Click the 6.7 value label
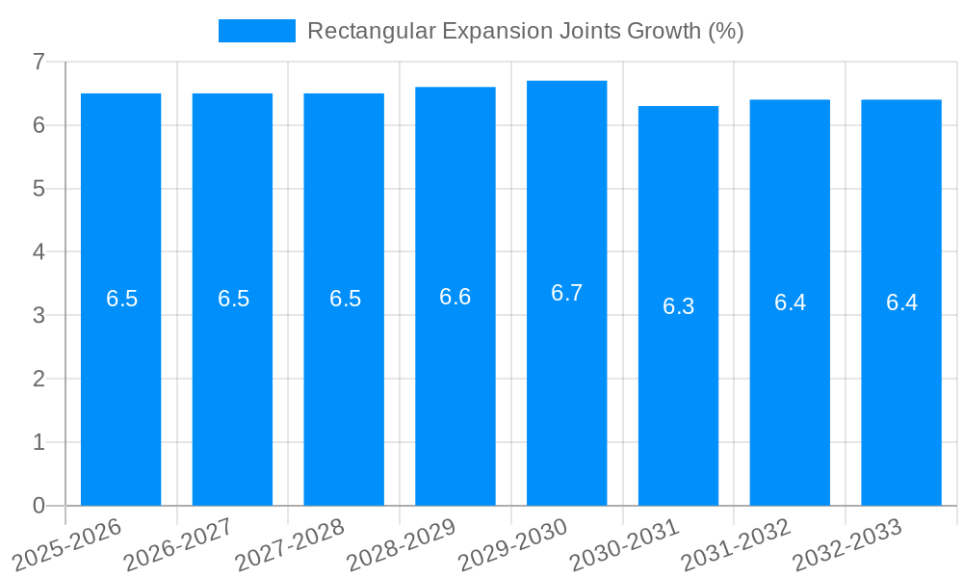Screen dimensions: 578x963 566,293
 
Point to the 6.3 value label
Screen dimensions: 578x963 678,306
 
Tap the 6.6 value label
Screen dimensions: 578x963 455,297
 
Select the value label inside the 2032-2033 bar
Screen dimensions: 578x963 901,302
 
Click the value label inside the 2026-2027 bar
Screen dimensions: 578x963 233,299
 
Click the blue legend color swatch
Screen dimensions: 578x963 256,31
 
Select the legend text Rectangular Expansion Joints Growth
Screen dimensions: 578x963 525,31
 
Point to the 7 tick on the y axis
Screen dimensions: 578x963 39,62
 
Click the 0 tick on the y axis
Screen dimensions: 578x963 39,506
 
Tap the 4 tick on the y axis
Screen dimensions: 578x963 39,251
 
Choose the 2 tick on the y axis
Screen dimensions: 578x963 39,379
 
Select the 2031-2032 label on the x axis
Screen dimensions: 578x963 736,544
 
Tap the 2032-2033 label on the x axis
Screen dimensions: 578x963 847,544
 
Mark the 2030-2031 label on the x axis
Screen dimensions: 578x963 624,544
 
